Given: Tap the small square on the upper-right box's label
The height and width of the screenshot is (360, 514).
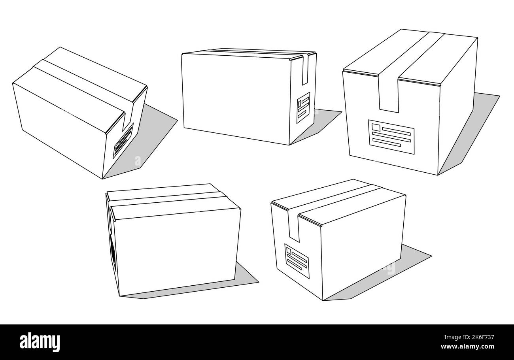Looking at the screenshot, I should click(376, 128).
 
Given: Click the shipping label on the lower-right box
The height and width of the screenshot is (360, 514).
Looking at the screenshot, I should click(297, 260).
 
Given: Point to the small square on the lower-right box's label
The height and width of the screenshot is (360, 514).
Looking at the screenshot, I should click(289, 251).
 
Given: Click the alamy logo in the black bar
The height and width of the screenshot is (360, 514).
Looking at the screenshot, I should click(40, 342).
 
